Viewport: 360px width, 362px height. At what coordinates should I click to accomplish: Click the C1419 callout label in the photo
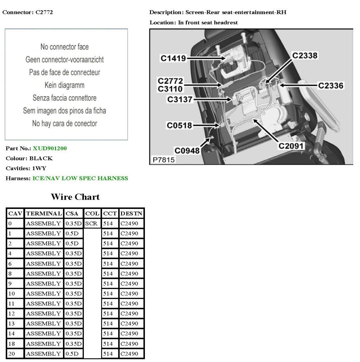tap(174, 59)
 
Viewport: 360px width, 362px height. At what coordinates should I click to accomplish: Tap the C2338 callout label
tap(305, 56)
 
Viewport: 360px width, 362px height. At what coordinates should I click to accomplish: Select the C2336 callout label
tap(331, 86)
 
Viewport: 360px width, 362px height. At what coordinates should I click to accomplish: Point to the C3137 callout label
tap(180, 100)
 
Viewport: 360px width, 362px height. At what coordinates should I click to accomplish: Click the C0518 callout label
tap(179, 125)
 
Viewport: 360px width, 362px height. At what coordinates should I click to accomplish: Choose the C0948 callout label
tap(187, 150)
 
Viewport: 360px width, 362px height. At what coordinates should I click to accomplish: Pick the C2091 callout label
tap(291, 146)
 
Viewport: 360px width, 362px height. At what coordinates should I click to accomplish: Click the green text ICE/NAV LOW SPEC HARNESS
tap(80, 178)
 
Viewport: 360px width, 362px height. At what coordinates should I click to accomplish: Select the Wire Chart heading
tap(75, 197)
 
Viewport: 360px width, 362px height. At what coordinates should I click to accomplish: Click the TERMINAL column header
tap(44, 214)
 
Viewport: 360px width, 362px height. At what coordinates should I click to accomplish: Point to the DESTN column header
tap(131, 214)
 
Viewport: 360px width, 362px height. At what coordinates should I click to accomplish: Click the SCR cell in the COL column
tap(91, 224)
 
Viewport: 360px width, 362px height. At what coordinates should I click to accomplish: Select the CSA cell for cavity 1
tap(72, 233)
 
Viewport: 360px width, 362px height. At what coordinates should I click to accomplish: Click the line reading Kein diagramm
tap(64, 85)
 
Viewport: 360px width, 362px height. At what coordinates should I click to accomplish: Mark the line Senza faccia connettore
tap(64, 98)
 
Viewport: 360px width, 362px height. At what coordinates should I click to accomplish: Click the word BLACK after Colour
tap(41, 159)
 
